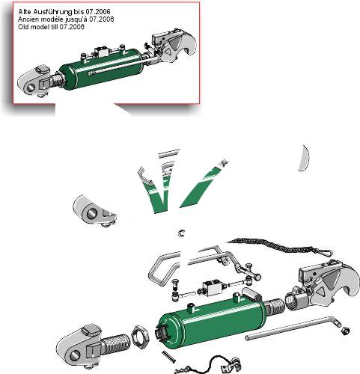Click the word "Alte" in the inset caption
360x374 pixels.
[25, 11]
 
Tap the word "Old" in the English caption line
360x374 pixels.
[23, 27]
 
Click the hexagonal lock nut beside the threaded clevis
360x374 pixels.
[140, 335]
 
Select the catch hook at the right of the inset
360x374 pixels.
[174, 45]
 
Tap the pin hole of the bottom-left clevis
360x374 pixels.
[74, 356]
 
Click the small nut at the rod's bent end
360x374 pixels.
[345, 331]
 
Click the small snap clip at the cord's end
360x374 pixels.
[326, 252]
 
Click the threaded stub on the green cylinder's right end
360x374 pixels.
[275, 307]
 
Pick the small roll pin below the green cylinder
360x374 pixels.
[168, 357]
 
